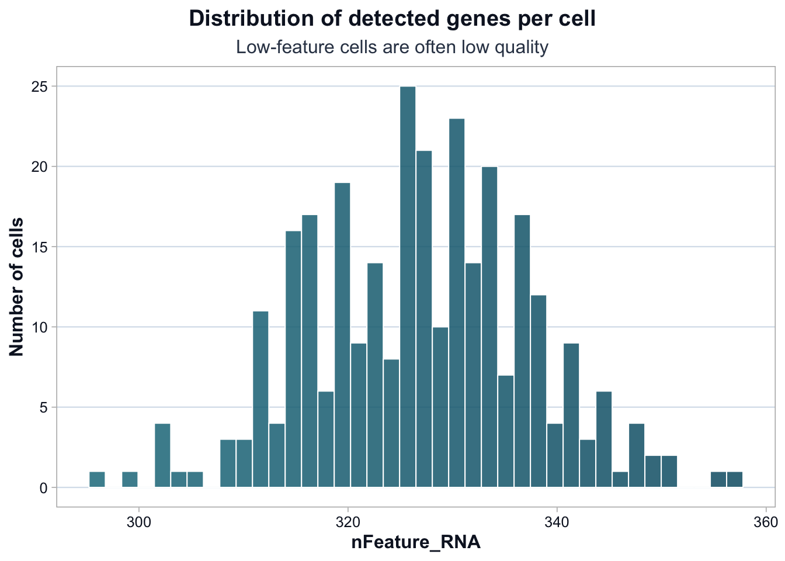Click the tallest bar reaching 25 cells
point(408,286)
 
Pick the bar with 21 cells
point(424,318)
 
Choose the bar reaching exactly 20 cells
point(489,327)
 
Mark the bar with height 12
point(539,391)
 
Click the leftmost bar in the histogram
point(97,479)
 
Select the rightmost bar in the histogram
point(735,479)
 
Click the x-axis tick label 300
point(138,521)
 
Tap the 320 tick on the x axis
point(348,521)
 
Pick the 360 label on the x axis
point(765,521)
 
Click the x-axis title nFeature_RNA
point(415,542)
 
